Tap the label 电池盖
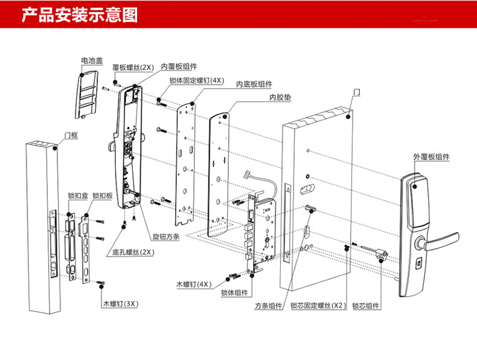91,61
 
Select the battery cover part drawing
88,93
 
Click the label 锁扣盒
77,196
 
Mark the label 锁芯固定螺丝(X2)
318,307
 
